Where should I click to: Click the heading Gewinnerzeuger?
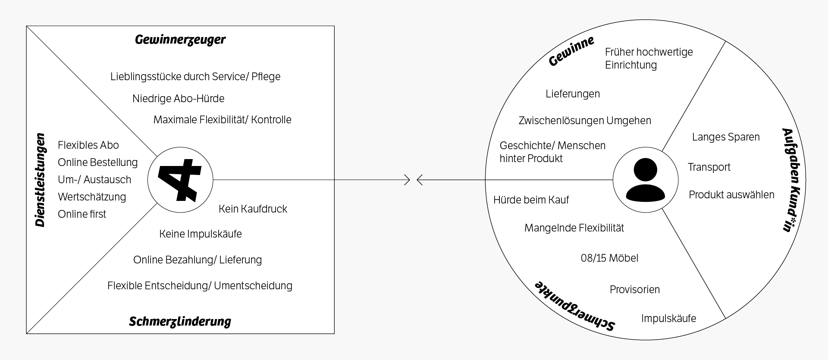(180, 40)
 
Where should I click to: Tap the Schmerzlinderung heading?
(180, 322)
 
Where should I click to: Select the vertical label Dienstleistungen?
(40, 180)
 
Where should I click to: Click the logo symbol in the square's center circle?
(180, 180)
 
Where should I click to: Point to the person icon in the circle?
(645, 180)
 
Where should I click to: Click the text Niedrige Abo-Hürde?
(178, 99)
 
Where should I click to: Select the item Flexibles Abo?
(88, 145)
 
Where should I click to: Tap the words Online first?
(82, 214)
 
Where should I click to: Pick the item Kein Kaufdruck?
(253, 209)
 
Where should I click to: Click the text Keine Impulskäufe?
(200, 234)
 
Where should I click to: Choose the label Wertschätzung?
(92, 197)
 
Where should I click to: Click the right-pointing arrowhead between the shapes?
(407, 180)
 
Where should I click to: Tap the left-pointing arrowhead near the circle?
(420, 180)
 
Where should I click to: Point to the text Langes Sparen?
(726, 137)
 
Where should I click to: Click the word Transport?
(709, 167)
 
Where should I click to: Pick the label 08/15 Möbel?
(609, 258)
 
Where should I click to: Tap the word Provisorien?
(634, 290)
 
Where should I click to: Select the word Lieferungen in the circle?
(572, 94)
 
